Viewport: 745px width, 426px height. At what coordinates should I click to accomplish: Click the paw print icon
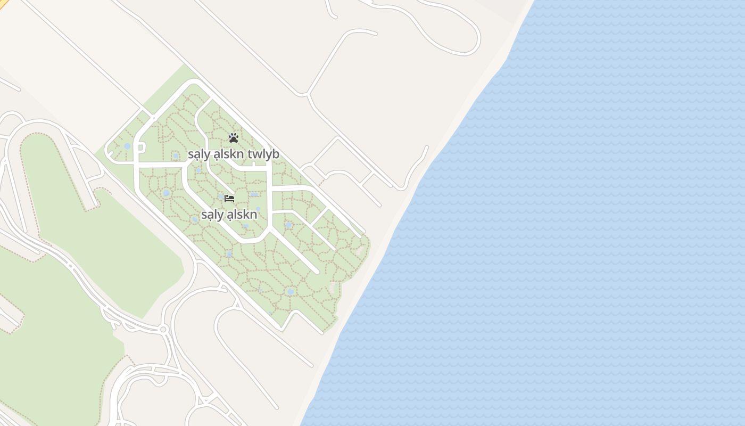point(233,138)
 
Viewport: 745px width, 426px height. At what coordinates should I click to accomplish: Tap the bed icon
point(229,198)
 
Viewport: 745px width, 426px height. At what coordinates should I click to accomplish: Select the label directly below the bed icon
point(229,215)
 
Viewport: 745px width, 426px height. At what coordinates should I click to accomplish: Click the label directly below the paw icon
point(233,154)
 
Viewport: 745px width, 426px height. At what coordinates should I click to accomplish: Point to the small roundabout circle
point(163,330)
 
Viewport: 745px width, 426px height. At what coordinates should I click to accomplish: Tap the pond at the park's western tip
point(127,146)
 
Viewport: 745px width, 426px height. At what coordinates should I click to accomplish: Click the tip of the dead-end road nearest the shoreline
point(427,146)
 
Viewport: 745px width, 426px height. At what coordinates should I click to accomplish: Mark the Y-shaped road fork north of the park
point(308,95)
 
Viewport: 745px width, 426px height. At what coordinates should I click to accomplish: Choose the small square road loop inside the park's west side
point(142,148)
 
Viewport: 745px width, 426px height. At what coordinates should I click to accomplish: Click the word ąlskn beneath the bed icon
point(242,215)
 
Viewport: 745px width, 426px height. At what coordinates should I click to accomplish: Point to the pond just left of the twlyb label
point(176,155)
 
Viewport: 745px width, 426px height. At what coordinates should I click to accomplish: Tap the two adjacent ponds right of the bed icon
point(254,195)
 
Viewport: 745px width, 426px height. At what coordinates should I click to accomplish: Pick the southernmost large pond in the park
point(290,291)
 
